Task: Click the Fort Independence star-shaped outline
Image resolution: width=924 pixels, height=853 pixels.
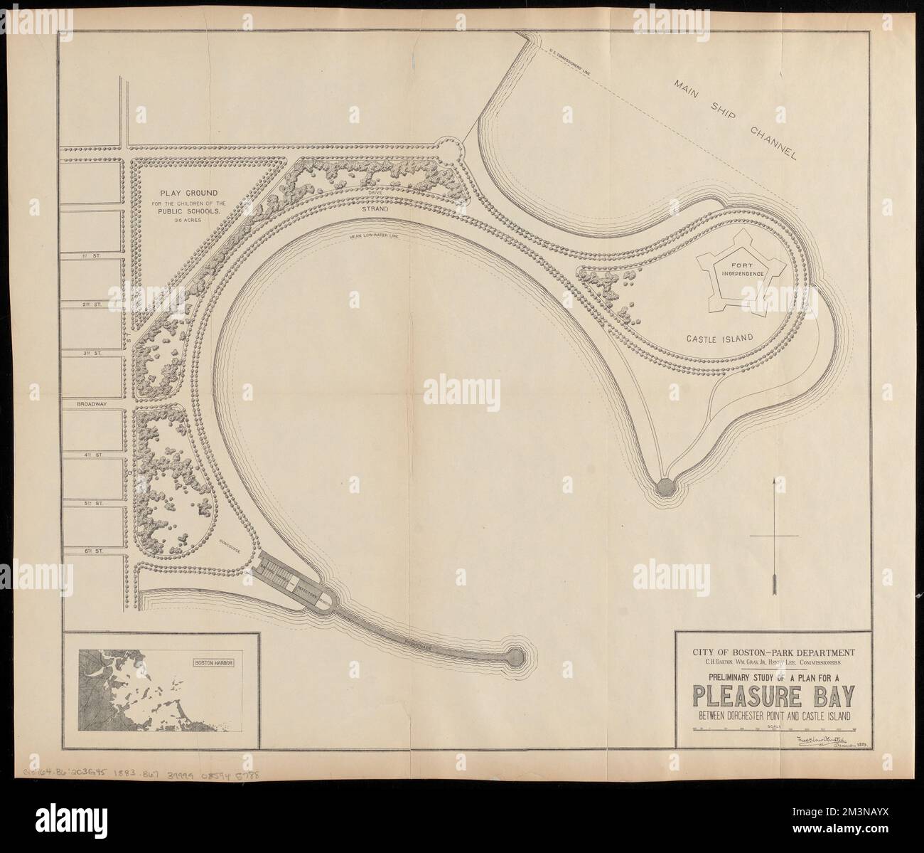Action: pos(740,268)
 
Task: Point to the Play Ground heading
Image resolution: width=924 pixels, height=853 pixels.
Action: pos(178,192)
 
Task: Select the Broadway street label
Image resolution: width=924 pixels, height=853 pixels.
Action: pos(92,403)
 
